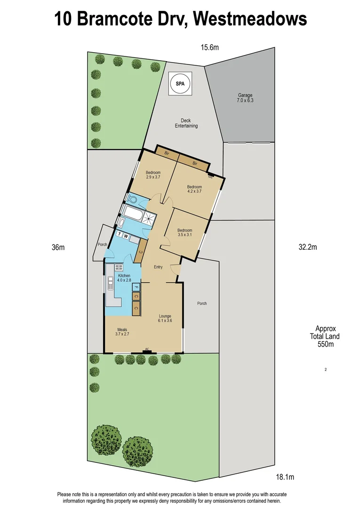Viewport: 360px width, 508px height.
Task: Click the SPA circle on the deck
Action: tap(181, 85)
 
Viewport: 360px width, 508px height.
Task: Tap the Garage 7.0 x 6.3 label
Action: tap(245, 98)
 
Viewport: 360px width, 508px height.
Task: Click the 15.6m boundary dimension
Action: tap(210, 47)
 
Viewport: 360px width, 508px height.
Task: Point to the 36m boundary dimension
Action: tap(58, 247)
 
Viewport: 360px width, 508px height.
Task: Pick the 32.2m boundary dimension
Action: tap(308, 247)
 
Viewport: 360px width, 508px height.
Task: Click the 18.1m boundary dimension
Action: tap(284, 477)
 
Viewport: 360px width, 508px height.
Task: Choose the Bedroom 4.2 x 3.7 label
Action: tap(194, 189)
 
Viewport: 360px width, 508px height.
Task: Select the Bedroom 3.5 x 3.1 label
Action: tap(184, 232)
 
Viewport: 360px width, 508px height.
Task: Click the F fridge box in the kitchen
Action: tap(136, 286)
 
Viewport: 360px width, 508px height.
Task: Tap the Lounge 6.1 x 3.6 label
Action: tap(165, 318)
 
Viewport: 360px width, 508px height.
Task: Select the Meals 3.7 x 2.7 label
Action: tap(122, 332)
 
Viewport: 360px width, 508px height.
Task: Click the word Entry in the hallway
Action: tap(158, 267)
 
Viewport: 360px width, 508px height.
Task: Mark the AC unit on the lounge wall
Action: tap(147, 349)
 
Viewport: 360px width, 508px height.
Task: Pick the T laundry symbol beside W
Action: tap(120, 235)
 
